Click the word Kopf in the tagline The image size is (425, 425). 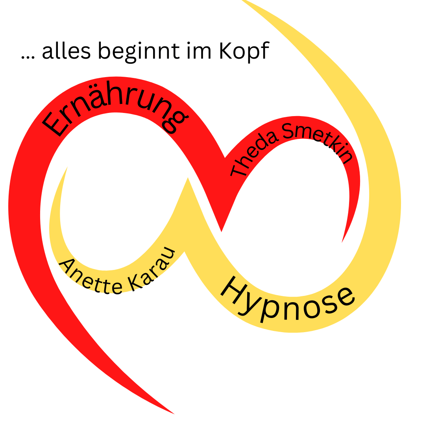tap(244, 51)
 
